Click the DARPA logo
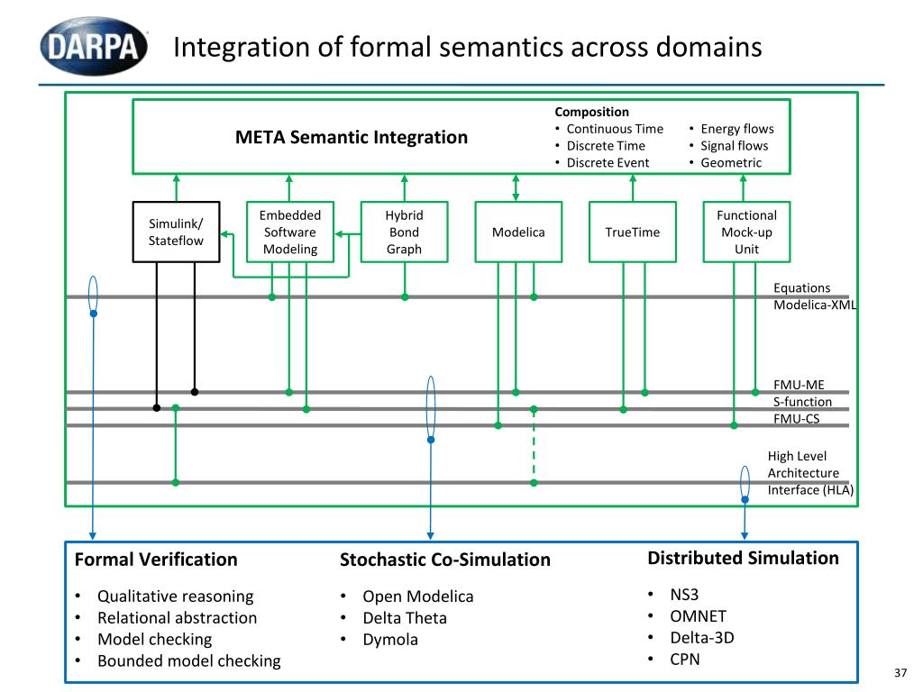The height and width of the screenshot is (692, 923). coord(94,46)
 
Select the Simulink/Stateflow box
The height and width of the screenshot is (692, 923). coord(176,232)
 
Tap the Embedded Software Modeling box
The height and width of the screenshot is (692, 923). coord(289,232)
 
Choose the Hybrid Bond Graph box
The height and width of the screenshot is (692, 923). coord(404,232)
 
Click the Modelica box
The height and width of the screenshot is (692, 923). coord(518,232)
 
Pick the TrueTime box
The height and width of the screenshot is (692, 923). coord(632,232)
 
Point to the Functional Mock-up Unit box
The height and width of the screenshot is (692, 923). coord(746,232)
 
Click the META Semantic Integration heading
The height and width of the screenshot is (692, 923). coord(352,137)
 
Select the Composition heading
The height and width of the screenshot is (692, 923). coord(591,112)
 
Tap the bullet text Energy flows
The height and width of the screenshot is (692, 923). coord(737,129)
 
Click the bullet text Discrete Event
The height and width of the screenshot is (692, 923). coord(608,162)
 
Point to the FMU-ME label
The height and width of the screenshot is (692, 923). coord(799,385)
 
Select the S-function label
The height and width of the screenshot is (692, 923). coord(802,402)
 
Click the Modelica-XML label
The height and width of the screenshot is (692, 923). coord(815,305)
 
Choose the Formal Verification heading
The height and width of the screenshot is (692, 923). coord(156,559)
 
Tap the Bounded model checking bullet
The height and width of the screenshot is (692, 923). coord(189,660)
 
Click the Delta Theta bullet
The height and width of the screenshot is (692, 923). coord(405,618)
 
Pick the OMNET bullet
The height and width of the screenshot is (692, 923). coord(699,616)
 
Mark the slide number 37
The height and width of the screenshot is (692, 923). coord(900,672)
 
